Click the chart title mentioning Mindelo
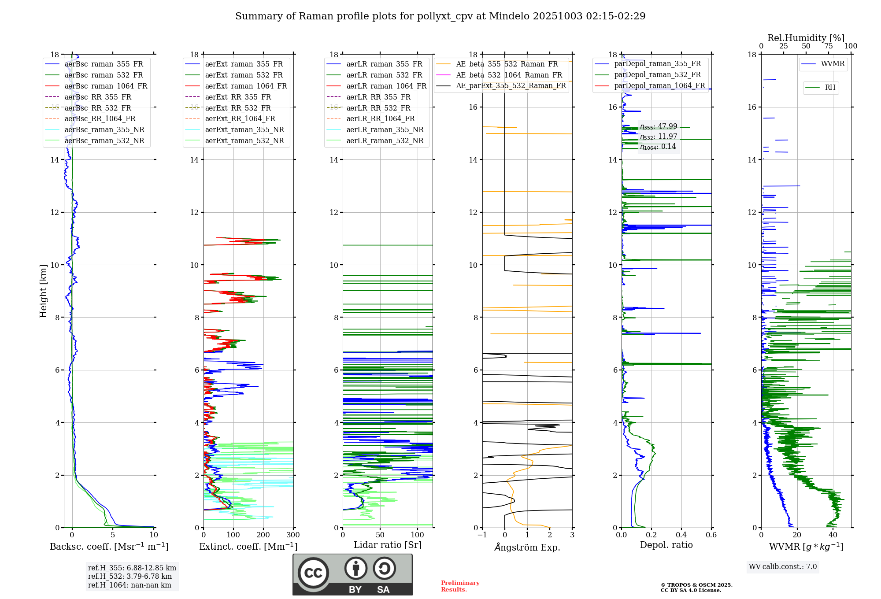(440, 16)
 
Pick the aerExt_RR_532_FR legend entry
(238, 108)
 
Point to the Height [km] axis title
(43, 291)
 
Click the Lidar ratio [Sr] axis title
(388, 545)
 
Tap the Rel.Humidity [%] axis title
(806, 38)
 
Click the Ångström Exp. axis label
(527, 547)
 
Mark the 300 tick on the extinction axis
(293, 535)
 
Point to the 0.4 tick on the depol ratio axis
(681, 535)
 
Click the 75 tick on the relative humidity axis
(828, 46)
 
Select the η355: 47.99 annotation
(659, 126)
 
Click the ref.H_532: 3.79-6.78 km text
(130, 576)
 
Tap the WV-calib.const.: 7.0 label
(783, 567)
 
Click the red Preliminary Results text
(460, 586)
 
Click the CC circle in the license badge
(313, 573)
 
